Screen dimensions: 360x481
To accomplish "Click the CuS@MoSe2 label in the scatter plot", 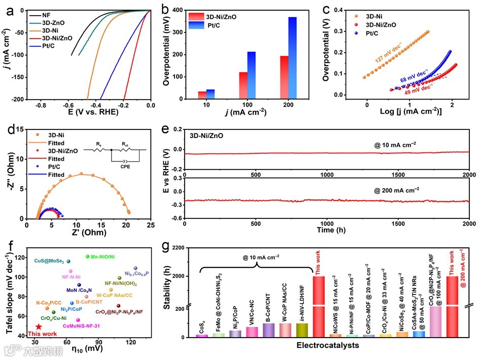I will click(49, 261).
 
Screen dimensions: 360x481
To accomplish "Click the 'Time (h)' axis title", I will click(327, 230).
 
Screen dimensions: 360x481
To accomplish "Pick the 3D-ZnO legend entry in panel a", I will click(54, 23).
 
